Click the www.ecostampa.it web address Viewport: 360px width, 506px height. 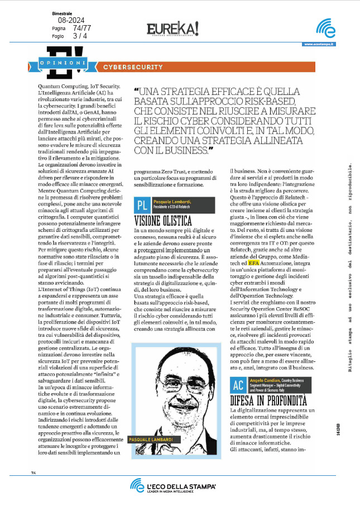319,45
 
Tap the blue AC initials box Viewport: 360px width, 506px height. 238,386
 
